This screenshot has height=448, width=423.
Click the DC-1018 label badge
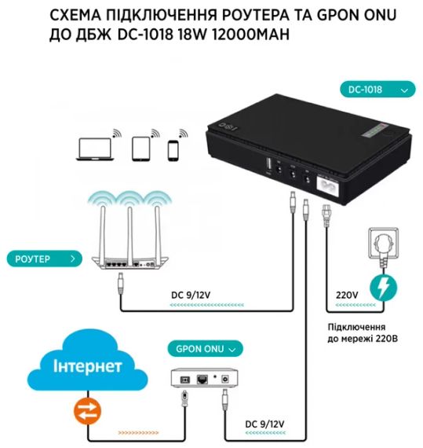point(377,90)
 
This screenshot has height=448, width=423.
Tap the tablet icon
point(142,148)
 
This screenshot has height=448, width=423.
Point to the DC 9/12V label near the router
point(191,296)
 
